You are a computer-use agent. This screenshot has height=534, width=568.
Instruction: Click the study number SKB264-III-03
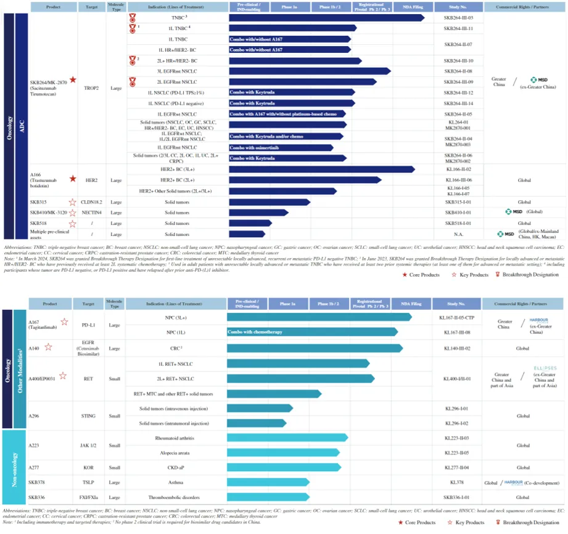click(458, 17)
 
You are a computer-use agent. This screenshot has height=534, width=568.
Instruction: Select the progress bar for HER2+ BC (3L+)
click(321, 169)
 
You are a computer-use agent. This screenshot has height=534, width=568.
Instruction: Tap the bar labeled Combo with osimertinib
click(281, 148)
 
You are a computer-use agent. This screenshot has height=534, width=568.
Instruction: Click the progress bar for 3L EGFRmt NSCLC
click(309, 71)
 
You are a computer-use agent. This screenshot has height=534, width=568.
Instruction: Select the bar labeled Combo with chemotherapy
click(312, 332)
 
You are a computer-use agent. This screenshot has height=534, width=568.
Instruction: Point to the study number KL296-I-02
click(457, 423)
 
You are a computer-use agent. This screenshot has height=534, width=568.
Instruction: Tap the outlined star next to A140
click(48, 347)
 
